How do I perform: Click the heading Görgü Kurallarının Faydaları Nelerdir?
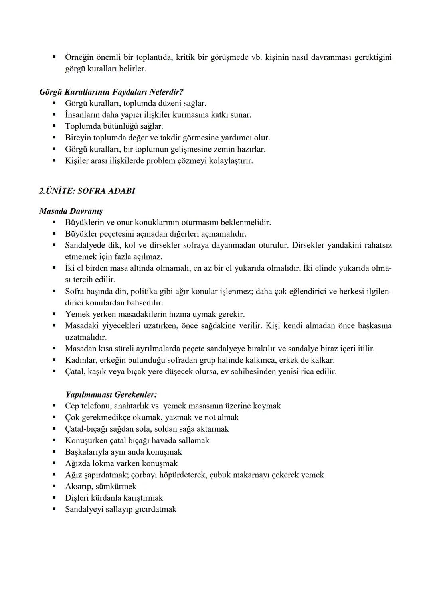[x=111, y=92]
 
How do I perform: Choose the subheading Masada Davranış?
[x=71, y=211]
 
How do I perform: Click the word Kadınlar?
[x=81, y=360]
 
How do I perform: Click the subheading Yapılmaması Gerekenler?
[x=111, y=395]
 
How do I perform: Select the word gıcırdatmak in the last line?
[x=155, y=509]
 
